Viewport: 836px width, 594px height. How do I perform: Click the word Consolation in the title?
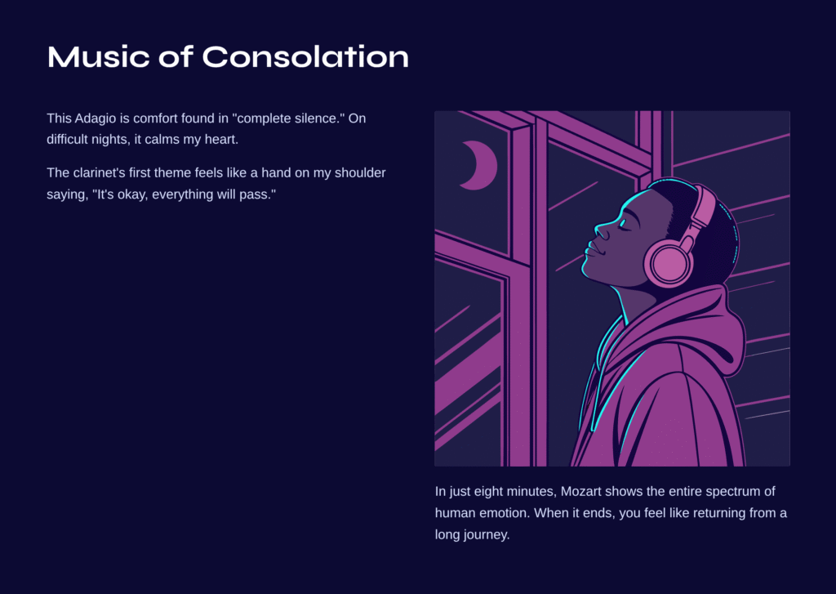pos(305,56)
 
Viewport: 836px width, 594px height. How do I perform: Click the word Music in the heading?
pos(99,56)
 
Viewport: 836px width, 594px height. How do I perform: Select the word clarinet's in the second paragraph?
pos(99,173)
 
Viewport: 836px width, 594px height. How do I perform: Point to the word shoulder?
pos(360,173)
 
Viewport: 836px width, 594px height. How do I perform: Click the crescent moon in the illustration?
pos(480,165)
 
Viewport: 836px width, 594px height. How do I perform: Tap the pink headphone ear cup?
pos(669,261)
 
